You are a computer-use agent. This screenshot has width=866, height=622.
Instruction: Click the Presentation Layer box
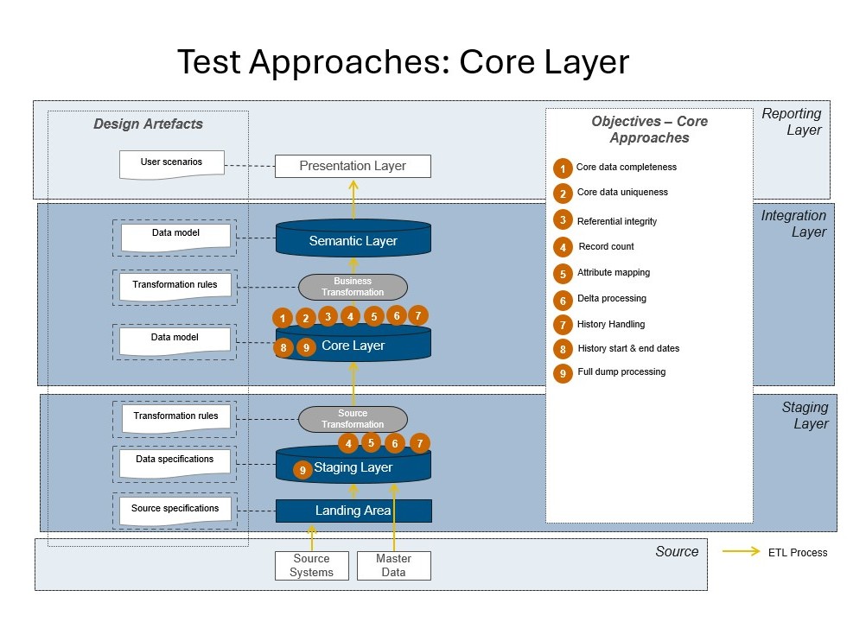pos(353,166)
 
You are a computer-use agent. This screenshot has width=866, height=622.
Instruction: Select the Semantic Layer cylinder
pos(353,240)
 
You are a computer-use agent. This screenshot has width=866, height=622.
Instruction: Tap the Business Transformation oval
pos(353,287)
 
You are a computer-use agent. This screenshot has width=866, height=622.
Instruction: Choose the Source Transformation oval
pos(353,419)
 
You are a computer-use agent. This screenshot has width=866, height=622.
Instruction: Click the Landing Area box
pos(353,511)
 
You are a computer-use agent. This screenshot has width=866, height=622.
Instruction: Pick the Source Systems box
pos(311,566)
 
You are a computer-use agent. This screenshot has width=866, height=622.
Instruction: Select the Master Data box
pos(393,566)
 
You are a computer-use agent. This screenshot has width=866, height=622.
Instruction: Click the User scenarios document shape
pos(171,163)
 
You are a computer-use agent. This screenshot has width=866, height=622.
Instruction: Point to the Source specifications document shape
pos(175,510)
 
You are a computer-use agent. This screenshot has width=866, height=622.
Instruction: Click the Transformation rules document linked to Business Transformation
pos(175,286)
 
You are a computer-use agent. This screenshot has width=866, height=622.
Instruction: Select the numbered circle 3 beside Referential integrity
pos(563,220)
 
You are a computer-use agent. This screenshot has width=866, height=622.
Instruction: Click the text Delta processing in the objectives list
pos(611,298)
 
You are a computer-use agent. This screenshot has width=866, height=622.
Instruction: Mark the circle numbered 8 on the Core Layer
pos(283,348)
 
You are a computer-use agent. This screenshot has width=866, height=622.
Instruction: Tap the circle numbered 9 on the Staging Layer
pos(302,470)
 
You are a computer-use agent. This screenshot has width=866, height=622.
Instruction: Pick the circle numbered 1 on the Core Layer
pos(283,319)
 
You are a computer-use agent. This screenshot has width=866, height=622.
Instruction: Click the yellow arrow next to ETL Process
pos(741,552)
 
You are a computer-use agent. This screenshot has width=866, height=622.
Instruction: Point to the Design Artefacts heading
pos(148,124)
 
